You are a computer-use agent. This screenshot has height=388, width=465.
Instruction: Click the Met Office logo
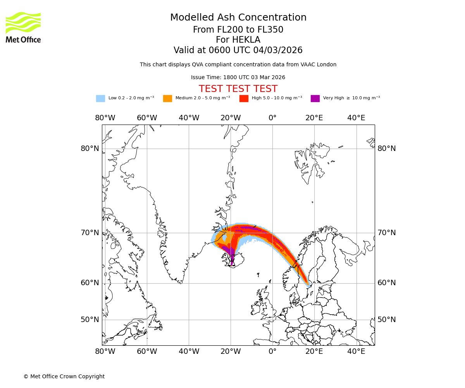click(23, 27)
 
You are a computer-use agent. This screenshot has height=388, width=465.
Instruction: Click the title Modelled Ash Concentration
click(238, 18)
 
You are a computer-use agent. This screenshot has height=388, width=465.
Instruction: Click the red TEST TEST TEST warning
click(238, 89)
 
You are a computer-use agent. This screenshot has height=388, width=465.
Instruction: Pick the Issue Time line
click(238, 78)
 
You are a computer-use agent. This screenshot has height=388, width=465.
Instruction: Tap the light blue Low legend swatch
click(100, 99)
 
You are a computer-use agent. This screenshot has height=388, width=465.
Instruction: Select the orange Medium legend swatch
click(167, 99)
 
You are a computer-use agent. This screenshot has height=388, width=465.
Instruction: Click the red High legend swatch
click(244, 99)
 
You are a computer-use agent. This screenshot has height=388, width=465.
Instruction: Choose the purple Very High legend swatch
click(315, 99)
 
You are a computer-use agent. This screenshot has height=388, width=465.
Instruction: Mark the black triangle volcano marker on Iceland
click(232, 263)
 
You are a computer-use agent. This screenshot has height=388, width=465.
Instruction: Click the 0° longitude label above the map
click(272, 118)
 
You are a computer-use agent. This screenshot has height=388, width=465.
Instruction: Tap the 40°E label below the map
click(356, 352)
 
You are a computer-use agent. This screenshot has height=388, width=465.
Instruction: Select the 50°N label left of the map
click(90, 320)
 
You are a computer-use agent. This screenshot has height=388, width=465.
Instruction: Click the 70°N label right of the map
click(387, 233)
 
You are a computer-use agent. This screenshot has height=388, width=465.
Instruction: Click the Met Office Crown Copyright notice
click(64, 377)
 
